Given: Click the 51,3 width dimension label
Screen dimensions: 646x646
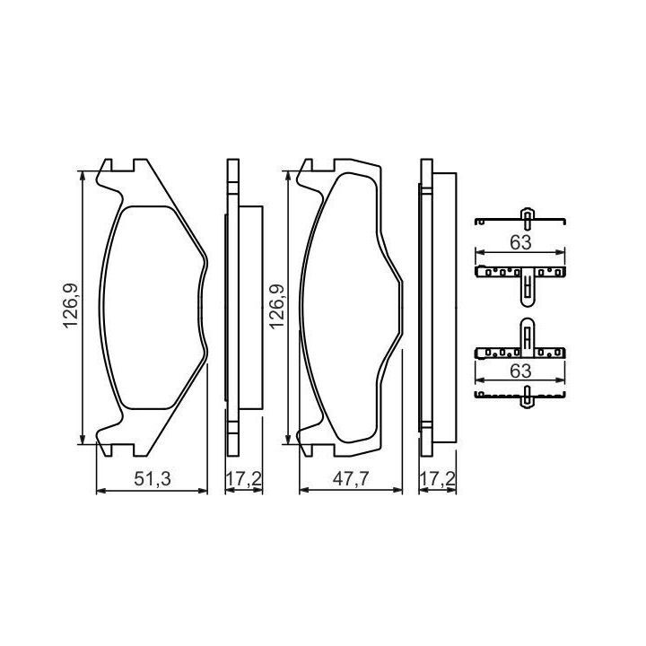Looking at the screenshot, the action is pos(152,479).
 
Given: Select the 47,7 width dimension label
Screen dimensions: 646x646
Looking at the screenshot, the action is pos(351,479).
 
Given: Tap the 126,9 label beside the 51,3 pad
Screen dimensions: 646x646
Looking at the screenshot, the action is pos(71,306).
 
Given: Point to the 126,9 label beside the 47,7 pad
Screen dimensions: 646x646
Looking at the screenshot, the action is pos(277,306).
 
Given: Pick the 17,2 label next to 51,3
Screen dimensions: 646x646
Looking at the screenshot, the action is pos(244,479).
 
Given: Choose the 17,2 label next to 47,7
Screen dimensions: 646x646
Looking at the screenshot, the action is pos(438,479).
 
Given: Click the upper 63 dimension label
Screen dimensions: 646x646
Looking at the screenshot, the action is pos(520,242).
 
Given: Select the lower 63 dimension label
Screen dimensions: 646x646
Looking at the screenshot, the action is pos(520,371).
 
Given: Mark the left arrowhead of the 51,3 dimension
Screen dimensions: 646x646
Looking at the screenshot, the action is pos(100,490).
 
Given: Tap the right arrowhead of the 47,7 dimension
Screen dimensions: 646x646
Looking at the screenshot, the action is pos(397,490).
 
